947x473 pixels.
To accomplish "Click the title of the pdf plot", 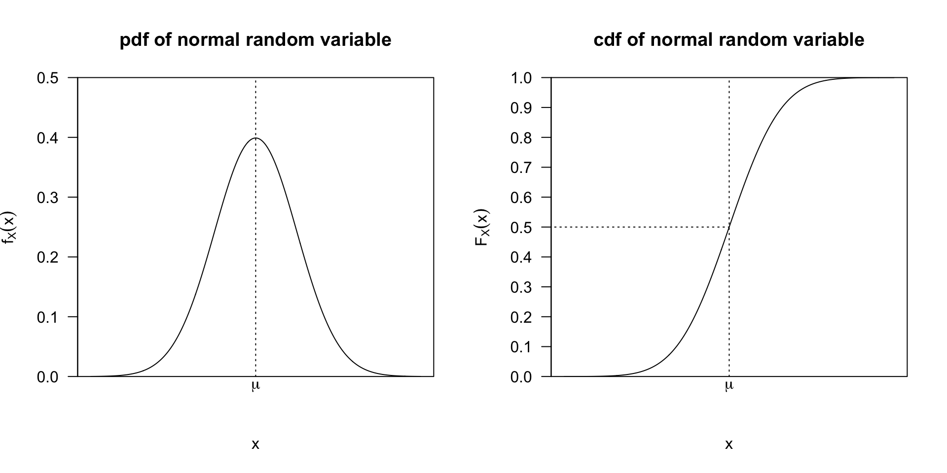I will click(255, 40).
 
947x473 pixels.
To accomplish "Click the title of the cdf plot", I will click(728, 40).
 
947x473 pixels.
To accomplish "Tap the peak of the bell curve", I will click(255, 138).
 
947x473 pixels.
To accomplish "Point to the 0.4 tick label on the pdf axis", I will click(47, 138).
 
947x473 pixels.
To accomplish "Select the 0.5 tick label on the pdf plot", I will click(47, 78).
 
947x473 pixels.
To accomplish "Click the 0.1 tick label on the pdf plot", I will click(47, 317).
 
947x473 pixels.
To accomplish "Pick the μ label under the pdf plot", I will click(255, 386).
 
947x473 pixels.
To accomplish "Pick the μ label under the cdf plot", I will click(729, 386).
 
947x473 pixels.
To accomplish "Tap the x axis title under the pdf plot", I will click(255, 444).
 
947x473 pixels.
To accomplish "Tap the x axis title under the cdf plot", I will click(729, 444).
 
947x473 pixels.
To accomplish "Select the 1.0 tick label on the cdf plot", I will click(521, 78).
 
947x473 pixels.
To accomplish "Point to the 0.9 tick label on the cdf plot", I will click(521, 108).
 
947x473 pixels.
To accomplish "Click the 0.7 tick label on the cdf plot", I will click(521, 168).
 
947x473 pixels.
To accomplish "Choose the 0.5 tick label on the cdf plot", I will click(521, 227).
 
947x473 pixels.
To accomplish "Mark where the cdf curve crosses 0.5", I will click(729, 227).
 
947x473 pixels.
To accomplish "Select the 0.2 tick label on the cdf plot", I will click(521, 317).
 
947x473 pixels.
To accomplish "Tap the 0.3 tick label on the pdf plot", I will click(47, 198).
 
